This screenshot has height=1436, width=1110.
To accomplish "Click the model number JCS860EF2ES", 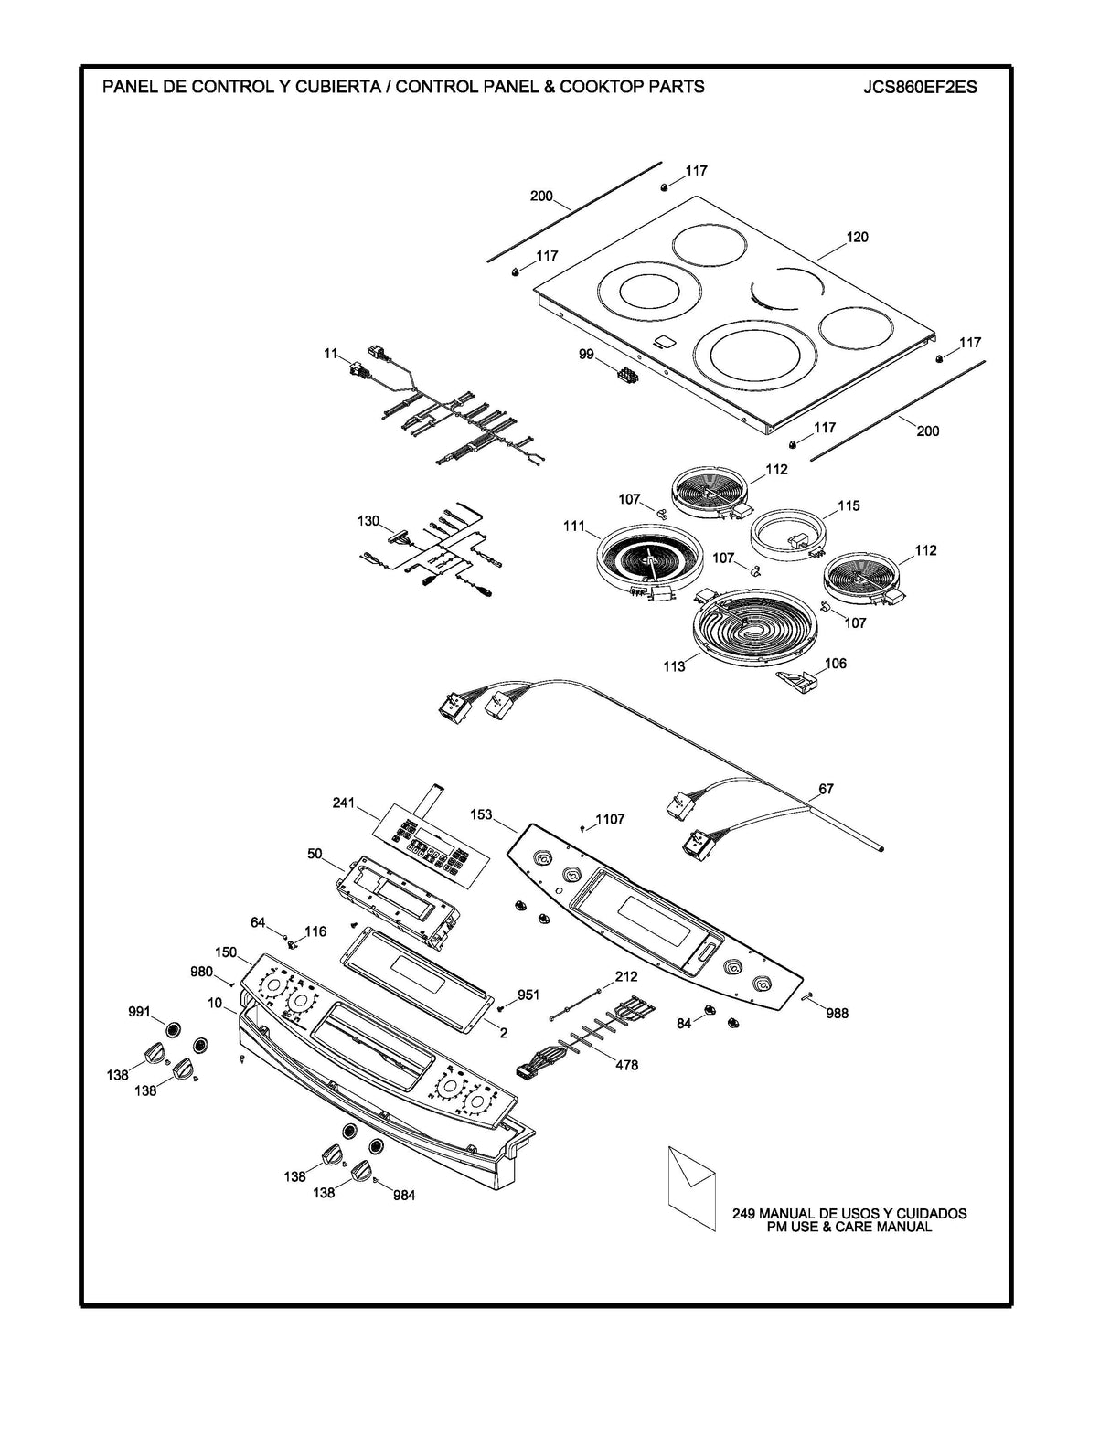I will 919,88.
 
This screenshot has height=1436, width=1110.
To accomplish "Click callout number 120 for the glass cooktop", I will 857,238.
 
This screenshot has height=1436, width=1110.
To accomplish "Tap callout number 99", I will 586,353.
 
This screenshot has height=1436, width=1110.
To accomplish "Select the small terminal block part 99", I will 626,375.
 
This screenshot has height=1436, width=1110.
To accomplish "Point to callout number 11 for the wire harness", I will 330,353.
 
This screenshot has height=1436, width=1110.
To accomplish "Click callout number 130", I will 368,521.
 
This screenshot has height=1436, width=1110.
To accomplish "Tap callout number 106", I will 835,664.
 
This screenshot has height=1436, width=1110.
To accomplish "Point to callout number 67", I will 826,788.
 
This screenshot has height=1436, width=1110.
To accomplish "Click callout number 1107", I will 610,819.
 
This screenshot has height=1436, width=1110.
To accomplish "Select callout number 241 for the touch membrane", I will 343,804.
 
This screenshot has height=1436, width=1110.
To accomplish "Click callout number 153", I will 481,814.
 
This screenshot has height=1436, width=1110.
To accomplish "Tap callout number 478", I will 626,1065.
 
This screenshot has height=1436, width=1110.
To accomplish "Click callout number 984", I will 403,1195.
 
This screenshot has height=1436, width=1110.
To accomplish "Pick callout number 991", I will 139,1012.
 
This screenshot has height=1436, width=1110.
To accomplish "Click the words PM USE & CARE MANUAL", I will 849,1227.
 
